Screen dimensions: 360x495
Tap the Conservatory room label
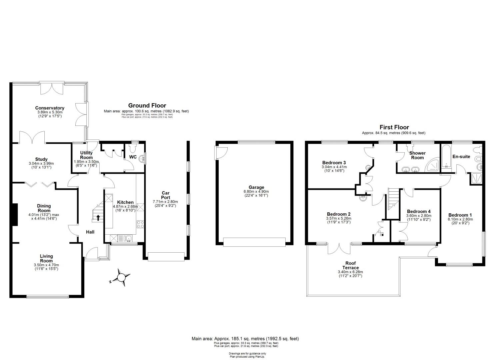[x=50, y=108]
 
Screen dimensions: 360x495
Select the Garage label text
[x=256, y=187]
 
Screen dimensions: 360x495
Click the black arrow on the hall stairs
[x=98, y=218]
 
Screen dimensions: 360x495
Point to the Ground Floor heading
[x=147, y=106]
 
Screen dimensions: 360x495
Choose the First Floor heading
[x=394, y=127]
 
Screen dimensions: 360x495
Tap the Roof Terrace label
[x=350, y=265]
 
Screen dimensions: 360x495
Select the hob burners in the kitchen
[x=140, y=224]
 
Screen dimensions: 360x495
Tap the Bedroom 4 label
[x=419, y=211]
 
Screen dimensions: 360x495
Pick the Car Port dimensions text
[x=165, y=204]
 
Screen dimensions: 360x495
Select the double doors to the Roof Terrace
[x=339, y=249]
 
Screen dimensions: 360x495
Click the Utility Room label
[x=86, y=155]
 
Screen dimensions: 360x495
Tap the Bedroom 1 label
[x=460, y=215]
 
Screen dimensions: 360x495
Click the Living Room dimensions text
[x=46, y=267]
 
